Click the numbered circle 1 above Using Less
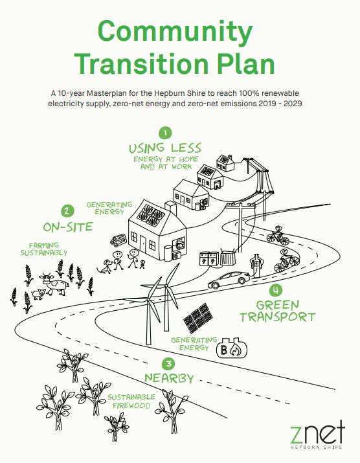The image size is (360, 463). (165, 133)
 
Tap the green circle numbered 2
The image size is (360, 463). (67, 211)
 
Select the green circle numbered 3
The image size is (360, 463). (168, 363)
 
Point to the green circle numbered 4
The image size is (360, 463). (276, 290)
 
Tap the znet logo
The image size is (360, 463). (317, 435)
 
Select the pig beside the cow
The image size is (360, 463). (38, 294)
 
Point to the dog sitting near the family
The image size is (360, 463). (104, 266)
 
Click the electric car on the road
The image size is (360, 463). (229, 280)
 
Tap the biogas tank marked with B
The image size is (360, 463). (232, 349)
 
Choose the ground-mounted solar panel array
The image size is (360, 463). (198, 318)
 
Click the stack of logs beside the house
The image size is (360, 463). (118, 240)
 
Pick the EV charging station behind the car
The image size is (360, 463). (256, 265)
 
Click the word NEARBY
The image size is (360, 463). (169, 378)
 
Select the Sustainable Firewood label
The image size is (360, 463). (131, 401)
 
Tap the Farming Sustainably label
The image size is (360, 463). (44, 249)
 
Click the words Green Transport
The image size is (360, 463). (278, 311)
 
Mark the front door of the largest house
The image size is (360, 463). (143, 245)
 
